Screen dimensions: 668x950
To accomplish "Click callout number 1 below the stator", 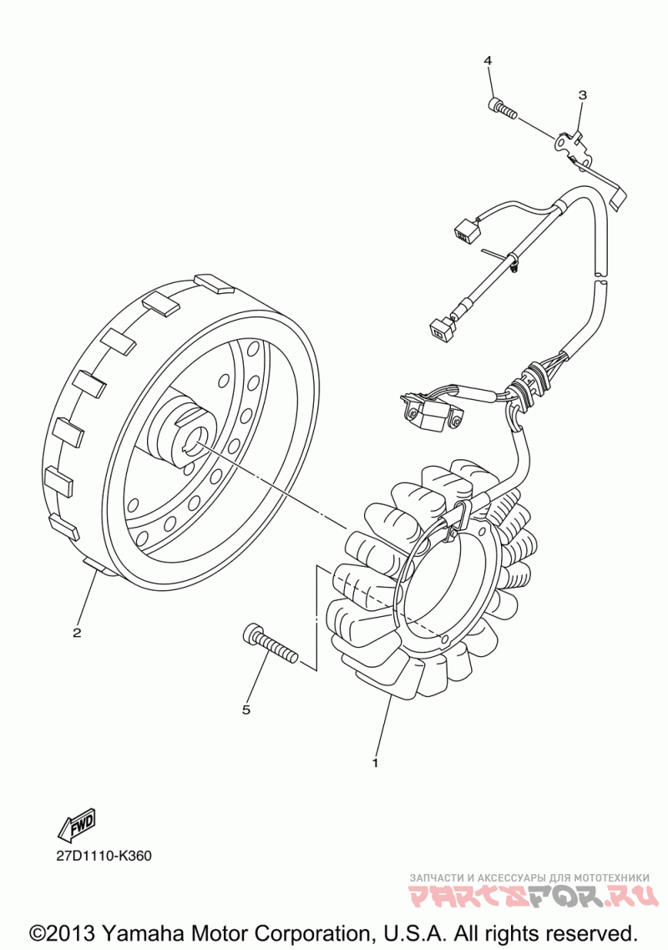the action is pos(375,762).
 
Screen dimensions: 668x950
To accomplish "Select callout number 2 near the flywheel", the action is pos(77,632).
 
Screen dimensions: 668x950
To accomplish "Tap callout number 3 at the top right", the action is pos(582,95).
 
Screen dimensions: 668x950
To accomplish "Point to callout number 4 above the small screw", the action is pos(488,61).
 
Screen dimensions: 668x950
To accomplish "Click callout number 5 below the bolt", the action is pos(246,710).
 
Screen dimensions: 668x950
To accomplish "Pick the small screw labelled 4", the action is pos(500,108).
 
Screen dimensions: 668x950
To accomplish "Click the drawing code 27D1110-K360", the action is pos(104,856).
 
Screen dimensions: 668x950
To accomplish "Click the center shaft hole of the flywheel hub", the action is pos(201,435).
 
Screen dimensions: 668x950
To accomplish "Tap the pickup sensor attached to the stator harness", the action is pos(431,414).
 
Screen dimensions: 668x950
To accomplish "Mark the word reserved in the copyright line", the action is pos(589,932).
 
